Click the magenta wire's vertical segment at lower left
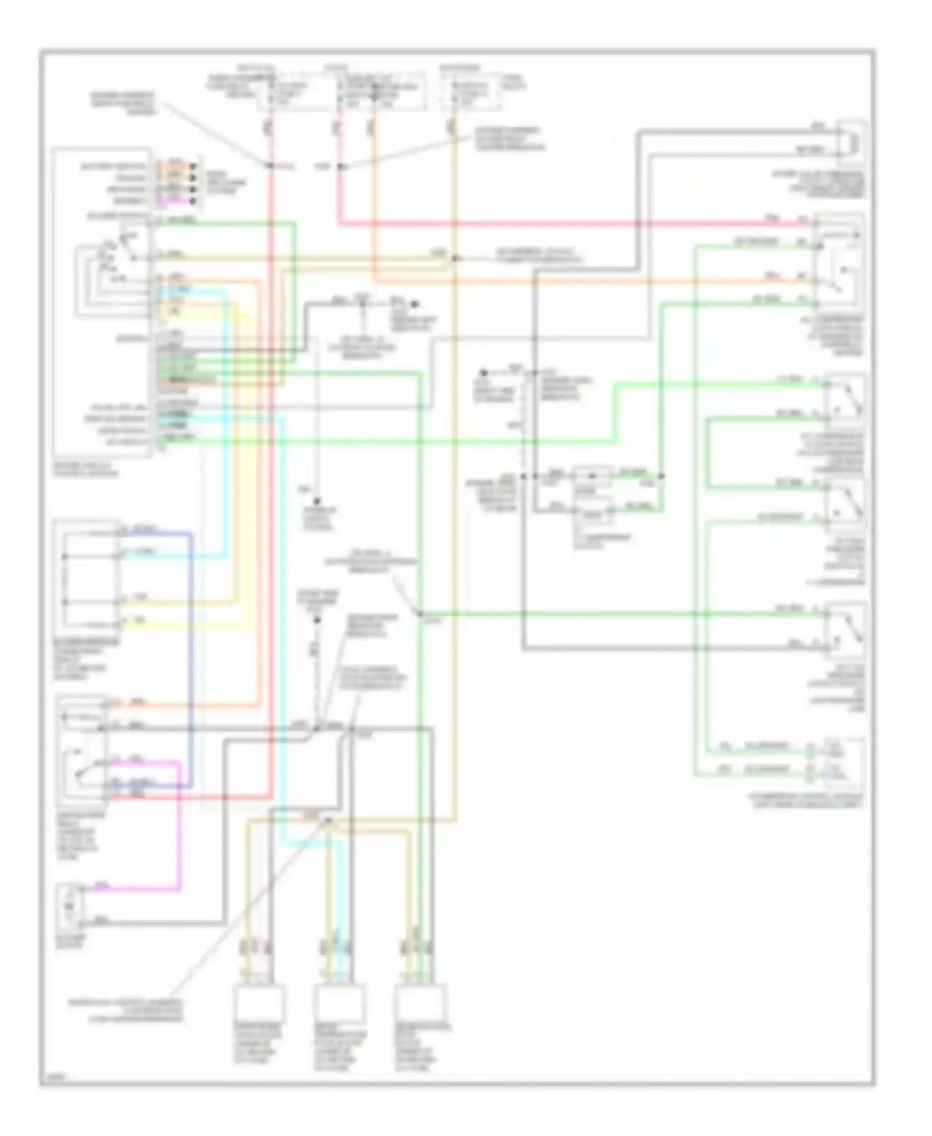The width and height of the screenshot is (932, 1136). pos(180,827)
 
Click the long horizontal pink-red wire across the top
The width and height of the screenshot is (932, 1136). pos(559,223)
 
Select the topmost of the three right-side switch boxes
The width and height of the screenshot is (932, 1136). pos(845,401)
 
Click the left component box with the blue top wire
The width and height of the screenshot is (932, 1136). pos(87,575)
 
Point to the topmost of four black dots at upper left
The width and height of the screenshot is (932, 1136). pos(194,166)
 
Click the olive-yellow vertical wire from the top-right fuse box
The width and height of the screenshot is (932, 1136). pos(455,435)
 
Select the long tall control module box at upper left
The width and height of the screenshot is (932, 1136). pos(103,301)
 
